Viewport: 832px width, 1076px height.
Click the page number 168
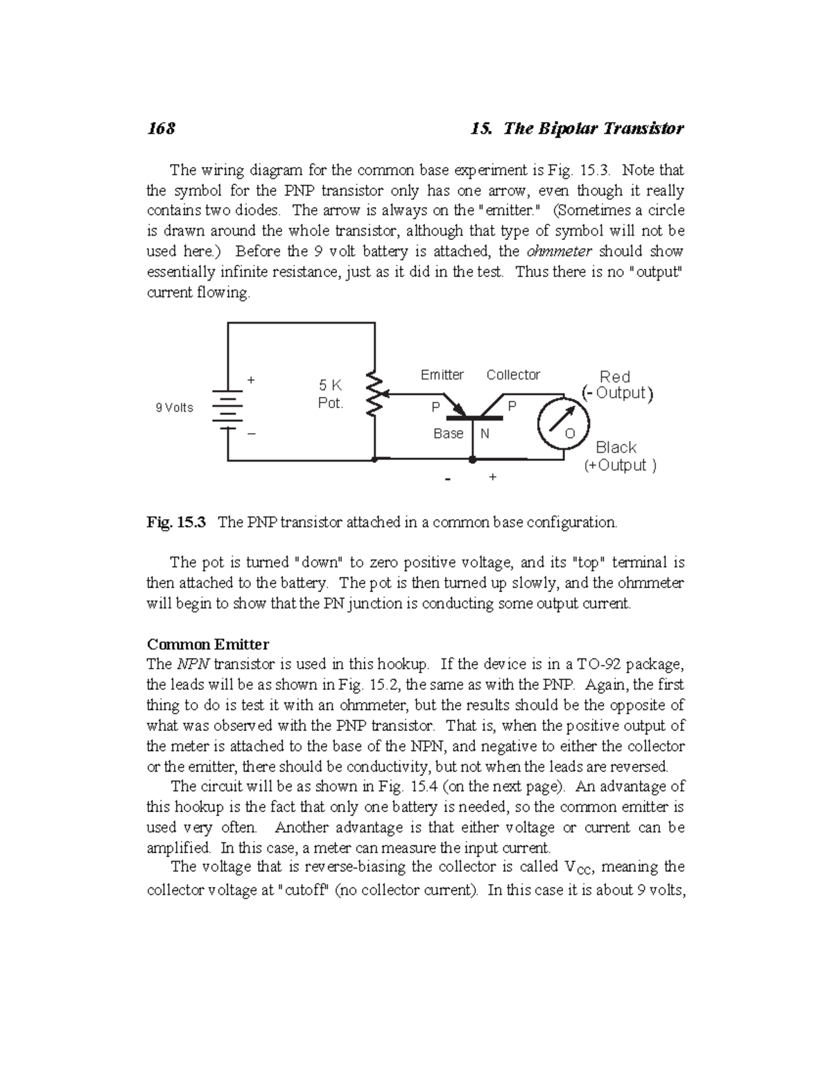pyautogui.click(x=161, y=128)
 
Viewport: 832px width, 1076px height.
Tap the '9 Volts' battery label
pyautogui.click(x=175, y=407)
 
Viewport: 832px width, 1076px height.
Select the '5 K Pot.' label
pyautogui.click(x=330, y=394)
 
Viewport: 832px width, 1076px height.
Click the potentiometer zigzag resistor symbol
pyautogui.click(x=374, y=394)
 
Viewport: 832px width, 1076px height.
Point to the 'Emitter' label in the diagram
pyautogui.click(x=442, y=375)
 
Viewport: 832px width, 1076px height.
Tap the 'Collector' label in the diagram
pyautogui.click(x=513, y=375)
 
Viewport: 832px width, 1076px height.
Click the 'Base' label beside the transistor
pyautogui.click(x=448, y=434)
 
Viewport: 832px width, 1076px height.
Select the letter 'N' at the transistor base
pyautogui.click(x=485, y=434)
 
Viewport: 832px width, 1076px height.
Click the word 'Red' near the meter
pyautogui.click(x=614, y=377)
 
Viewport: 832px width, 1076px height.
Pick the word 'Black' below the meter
pyautogui.click(x=616, y=448)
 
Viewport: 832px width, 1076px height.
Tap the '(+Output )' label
pyautogui.click(x=619, y=466)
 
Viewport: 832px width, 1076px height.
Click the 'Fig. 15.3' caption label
pyautogui.click(x=176, y=522)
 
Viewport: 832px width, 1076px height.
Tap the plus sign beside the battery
pyautogui.click(x=251, y=380)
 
